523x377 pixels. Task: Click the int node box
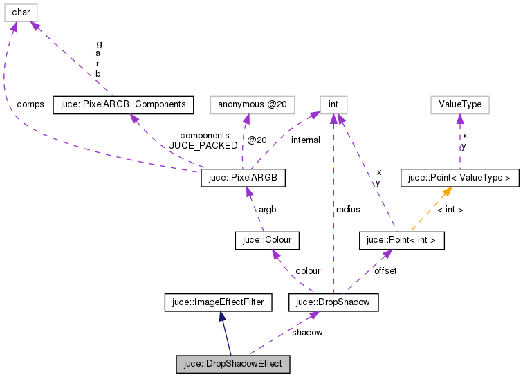click(333, 104)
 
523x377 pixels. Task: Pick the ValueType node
click(460, 104)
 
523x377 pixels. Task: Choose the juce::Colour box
click(267, 241)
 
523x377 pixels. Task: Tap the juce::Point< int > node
click(401, 241)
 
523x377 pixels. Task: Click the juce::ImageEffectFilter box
click(219, 302)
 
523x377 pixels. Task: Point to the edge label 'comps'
click(30, 104)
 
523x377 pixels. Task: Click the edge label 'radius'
click(348, 208)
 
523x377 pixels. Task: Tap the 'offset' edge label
click(385, 271)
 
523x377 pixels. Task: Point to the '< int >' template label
click(450, 209)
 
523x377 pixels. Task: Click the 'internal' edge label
click(305, 140)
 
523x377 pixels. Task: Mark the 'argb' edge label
click(267, 209)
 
